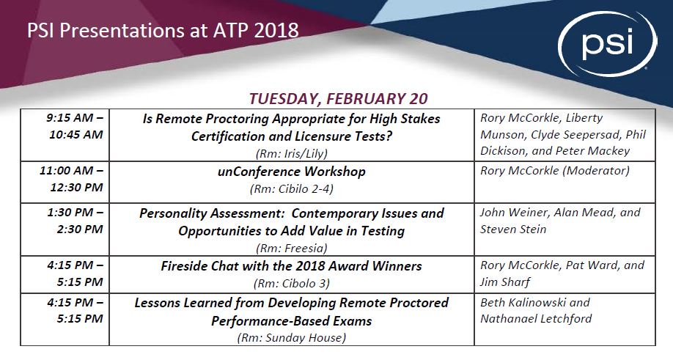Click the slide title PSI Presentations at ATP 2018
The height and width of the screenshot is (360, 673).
(x=163, y=31)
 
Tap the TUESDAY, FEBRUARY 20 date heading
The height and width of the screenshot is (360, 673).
(x=338, y=99)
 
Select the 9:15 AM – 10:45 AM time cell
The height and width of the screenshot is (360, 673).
(x=74, y=126)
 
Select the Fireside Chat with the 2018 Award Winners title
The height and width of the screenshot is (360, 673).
(x=291, y=266)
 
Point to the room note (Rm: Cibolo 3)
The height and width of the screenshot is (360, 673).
(x=291, y=283)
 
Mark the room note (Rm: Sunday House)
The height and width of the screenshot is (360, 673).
(x=291, y=338)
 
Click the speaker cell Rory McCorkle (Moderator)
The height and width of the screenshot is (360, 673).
(x=554, y=172)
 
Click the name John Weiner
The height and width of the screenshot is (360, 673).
(x=513, y=213)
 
